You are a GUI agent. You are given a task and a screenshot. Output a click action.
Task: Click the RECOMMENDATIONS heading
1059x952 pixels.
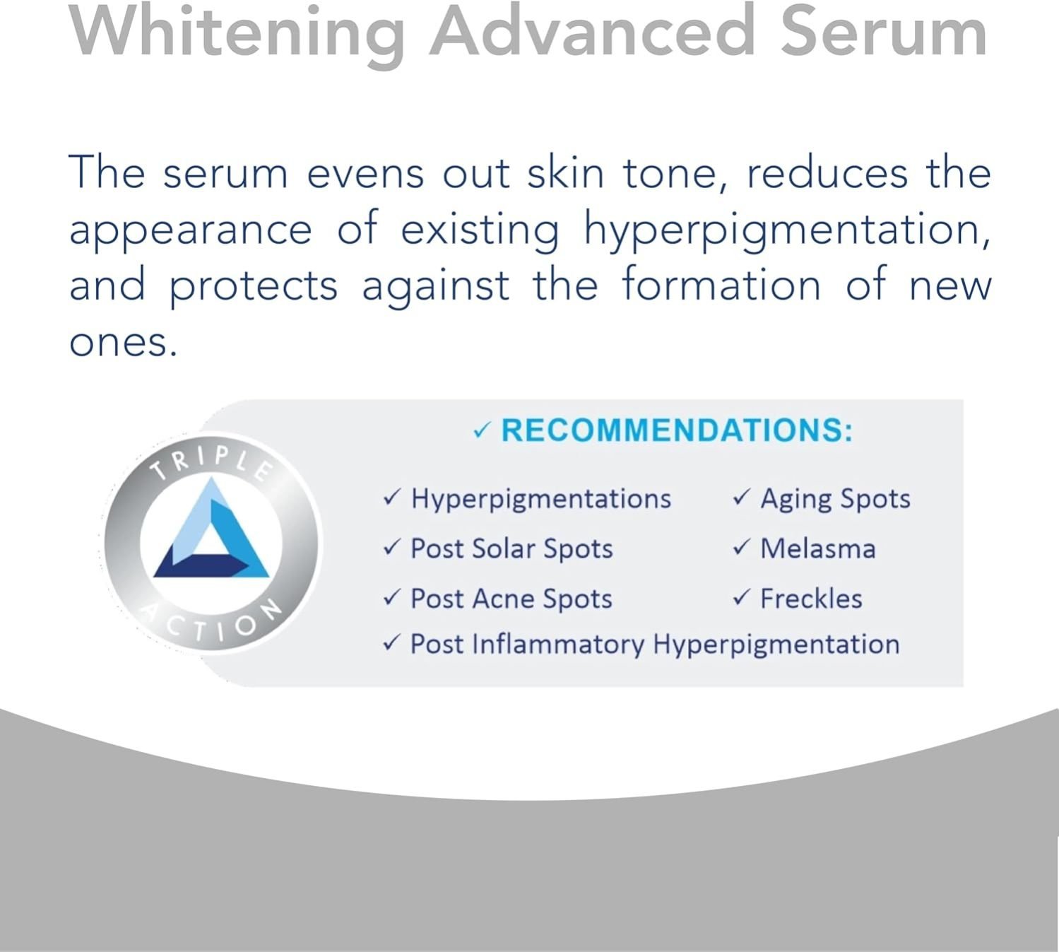point(677,430)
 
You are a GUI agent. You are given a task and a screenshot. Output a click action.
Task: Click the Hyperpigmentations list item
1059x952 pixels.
point(541,499)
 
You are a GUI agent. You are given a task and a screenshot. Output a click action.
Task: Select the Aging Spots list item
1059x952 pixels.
point(835,499)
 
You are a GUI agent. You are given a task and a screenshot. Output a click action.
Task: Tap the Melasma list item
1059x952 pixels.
point(818,548)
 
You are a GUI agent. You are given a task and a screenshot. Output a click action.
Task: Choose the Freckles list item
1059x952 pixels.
point(811,599)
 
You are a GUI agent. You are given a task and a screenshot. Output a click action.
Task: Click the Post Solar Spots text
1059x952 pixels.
point(511,549)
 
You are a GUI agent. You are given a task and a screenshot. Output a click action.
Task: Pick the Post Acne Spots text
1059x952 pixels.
point(511,599)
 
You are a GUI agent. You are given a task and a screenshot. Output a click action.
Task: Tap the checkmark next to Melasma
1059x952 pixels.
point(742,547)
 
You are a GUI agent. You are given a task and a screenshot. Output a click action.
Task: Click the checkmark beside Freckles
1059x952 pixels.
point(742,597)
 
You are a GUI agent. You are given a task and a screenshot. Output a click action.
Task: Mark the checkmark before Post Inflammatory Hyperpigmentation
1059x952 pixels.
point(392,642)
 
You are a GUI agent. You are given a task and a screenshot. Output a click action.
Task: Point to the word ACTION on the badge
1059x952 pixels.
point(212,622)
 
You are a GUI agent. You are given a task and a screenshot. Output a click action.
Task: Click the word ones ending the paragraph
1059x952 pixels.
point(124,343)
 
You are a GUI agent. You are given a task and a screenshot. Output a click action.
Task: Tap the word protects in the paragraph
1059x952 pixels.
point(254,288)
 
